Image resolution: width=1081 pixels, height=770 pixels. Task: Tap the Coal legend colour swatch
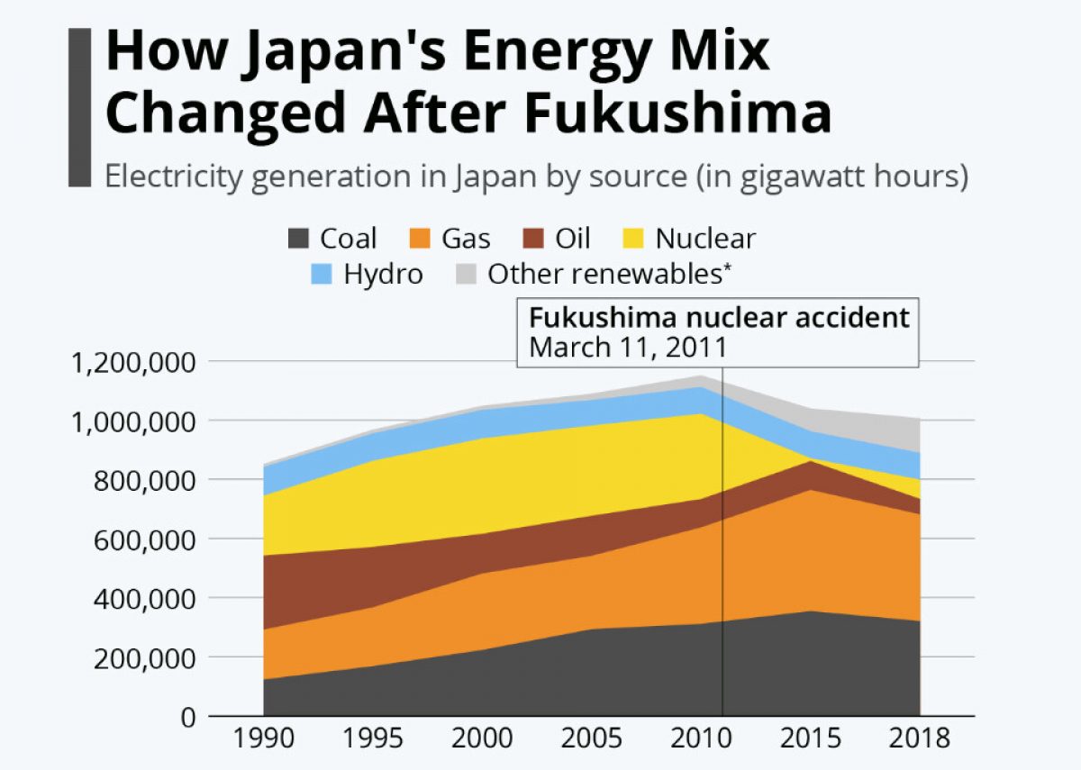(299, 239)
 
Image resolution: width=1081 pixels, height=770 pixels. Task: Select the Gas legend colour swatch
(421, 239)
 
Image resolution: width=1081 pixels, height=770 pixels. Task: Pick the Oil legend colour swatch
(534, 239)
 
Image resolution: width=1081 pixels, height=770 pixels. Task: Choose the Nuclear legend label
(705, 239)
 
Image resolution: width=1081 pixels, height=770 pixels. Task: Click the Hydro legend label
(383, 275)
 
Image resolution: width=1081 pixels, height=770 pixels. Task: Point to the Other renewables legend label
(608, 275)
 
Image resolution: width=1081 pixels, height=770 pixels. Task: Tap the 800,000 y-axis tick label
(144, 481)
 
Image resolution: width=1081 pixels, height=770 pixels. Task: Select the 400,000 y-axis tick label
(144, 599)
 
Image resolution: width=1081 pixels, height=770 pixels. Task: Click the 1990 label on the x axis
(263, 739)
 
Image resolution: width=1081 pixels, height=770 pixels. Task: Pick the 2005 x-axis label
(591, 739)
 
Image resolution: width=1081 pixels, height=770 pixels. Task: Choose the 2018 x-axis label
(919, 739)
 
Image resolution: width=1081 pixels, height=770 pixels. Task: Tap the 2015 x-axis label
(810, 739)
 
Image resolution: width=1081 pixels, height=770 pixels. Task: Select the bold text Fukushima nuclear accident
(718, 319)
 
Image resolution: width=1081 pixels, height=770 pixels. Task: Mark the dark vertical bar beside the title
(79, 107)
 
